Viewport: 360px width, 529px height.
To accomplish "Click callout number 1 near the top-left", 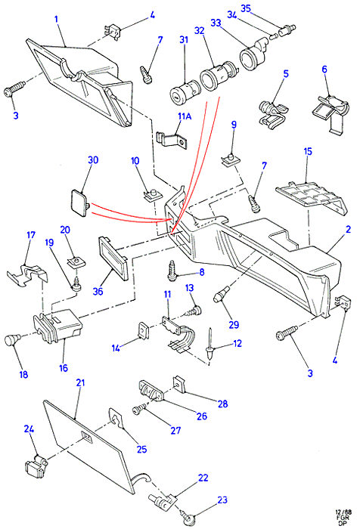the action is (x=57, y=19).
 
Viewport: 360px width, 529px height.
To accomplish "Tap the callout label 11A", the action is (x=185, y=116).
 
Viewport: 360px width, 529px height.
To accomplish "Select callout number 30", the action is (x=93, y=159).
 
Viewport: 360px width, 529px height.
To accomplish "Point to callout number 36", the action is (x=98, y=291).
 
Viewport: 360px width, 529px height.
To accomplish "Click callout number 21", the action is (x=80, y=383).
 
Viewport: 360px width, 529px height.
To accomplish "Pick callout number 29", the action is (x=234, y=324).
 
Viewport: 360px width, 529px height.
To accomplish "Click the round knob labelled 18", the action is (x=12, y=339).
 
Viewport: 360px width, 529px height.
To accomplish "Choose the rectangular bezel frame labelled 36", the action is (x=113, y=258).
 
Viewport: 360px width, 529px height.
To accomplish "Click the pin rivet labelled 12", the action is (x=210, y=344).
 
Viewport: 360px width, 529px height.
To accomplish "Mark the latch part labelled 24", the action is (x=36, y=466).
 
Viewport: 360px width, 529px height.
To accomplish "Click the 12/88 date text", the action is (x=343, y=512).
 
